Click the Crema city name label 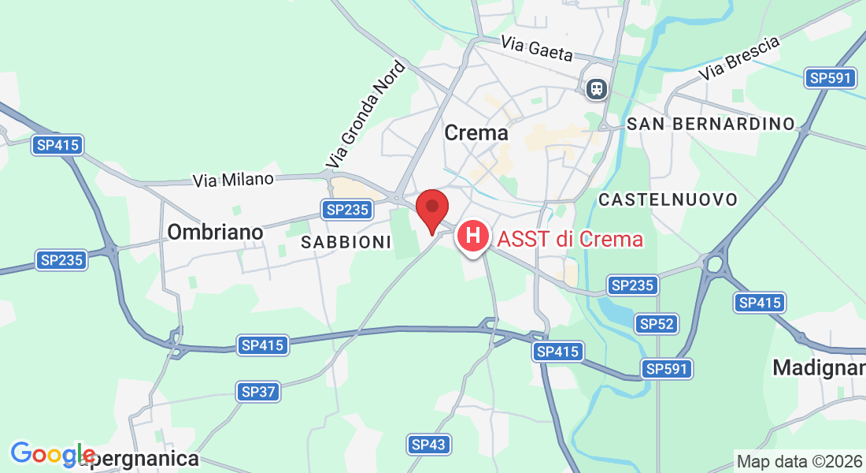point(476,133)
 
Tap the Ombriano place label point(214,232)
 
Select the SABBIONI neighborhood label point(346,243)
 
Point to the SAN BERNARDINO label point(711,124)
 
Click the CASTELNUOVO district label point(668,199)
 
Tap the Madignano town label point(819,367)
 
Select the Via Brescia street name point(742,58)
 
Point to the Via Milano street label point(233,180)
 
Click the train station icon point(597,88)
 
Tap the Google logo point(52,454)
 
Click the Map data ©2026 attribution point(798,461)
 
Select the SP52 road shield point(657,323)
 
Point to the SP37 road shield point(258,392)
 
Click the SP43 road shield point(429,445)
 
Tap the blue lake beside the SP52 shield point(617,312)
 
